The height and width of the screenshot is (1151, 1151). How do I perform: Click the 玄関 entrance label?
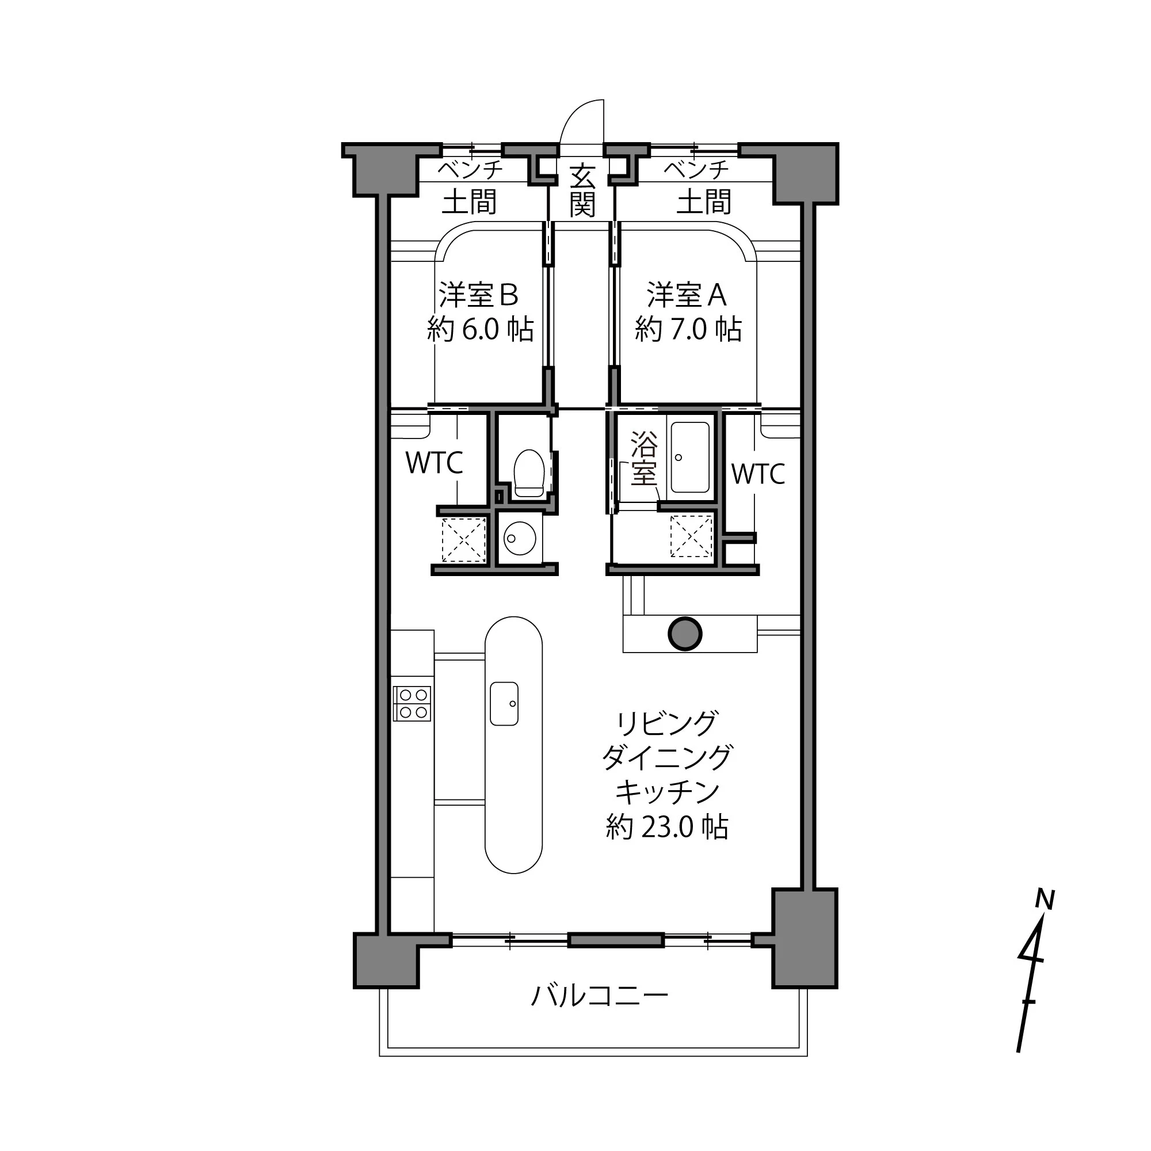582,190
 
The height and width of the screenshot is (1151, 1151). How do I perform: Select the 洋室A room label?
687,295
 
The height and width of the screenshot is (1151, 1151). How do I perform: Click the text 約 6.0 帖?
480,329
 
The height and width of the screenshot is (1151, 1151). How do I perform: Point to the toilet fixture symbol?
529,472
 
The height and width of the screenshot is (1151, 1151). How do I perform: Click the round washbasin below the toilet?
519,538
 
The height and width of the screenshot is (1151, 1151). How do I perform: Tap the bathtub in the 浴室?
690,457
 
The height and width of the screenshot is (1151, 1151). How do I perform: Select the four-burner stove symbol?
412,704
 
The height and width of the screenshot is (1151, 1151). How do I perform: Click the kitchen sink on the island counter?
504,704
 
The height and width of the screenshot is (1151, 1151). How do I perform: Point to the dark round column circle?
684,634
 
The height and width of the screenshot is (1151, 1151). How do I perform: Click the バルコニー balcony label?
599,996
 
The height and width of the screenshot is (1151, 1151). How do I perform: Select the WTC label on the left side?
435,463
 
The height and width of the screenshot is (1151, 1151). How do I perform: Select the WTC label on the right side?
758,474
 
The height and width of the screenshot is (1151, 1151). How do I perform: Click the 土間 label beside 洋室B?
469,202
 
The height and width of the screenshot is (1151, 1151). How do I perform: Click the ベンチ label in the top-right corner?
696,170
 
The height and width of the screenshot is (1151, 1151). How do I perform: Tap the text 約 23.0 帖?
666,827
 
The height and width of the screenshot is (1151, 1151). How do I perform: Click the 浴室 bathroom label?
644,458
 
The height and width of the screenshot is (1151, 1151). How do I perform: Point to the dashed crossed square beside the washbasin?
463,540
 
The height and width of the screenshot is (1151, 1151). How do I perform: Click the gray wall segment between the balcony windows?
615,941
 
